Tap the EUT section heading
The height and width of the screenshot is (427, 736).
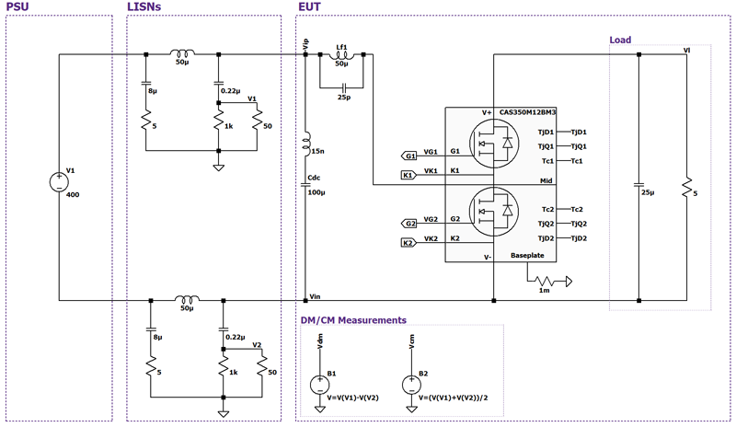[310, 7]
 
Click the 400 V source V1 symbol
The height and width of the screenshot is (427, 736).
[59, 179]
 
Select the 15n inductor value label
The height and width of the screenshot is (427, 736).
[318, 151]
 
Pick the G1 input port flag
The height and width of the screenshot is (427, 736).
[410, 156]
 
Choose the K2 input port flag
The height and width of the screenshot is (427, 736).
[409, 243]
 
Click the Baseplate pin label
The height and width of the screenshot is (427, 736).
[529, 258]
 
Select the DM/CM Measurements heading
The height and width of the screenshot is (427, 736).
[353, 320]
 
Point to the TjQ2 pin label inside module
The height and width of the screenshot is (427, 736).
[546, 224]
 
